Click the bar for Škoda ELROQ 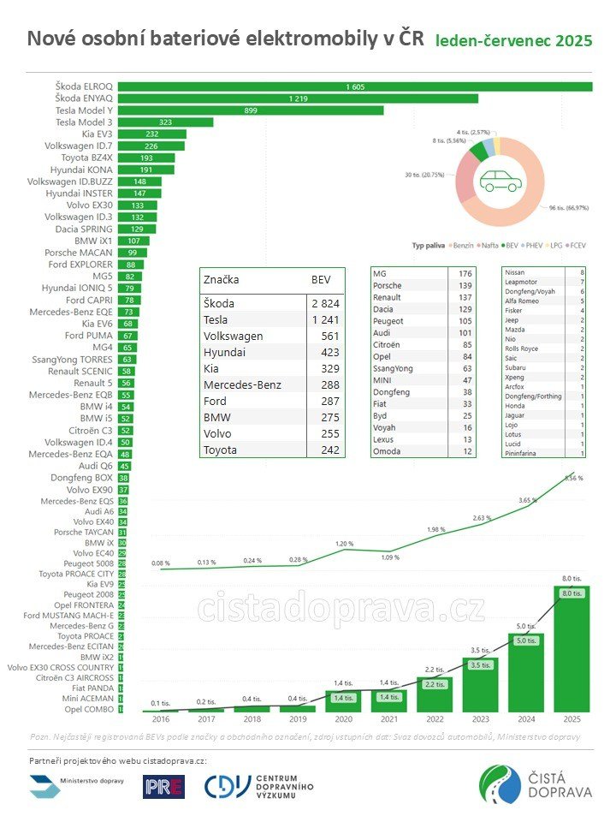(355, 86)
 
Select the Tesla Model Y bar (251, 110)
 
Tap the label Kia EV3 (93, 134)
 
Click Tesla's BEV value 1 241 (323, 319)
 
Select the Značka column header (221, 280)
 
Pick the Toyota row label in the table (222, 450)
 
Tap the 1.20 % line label (344, 544)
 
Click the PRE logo (163, 787)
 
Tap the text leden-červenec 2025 (513, 41)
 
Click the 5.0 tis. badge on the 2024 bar (524, 640)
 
